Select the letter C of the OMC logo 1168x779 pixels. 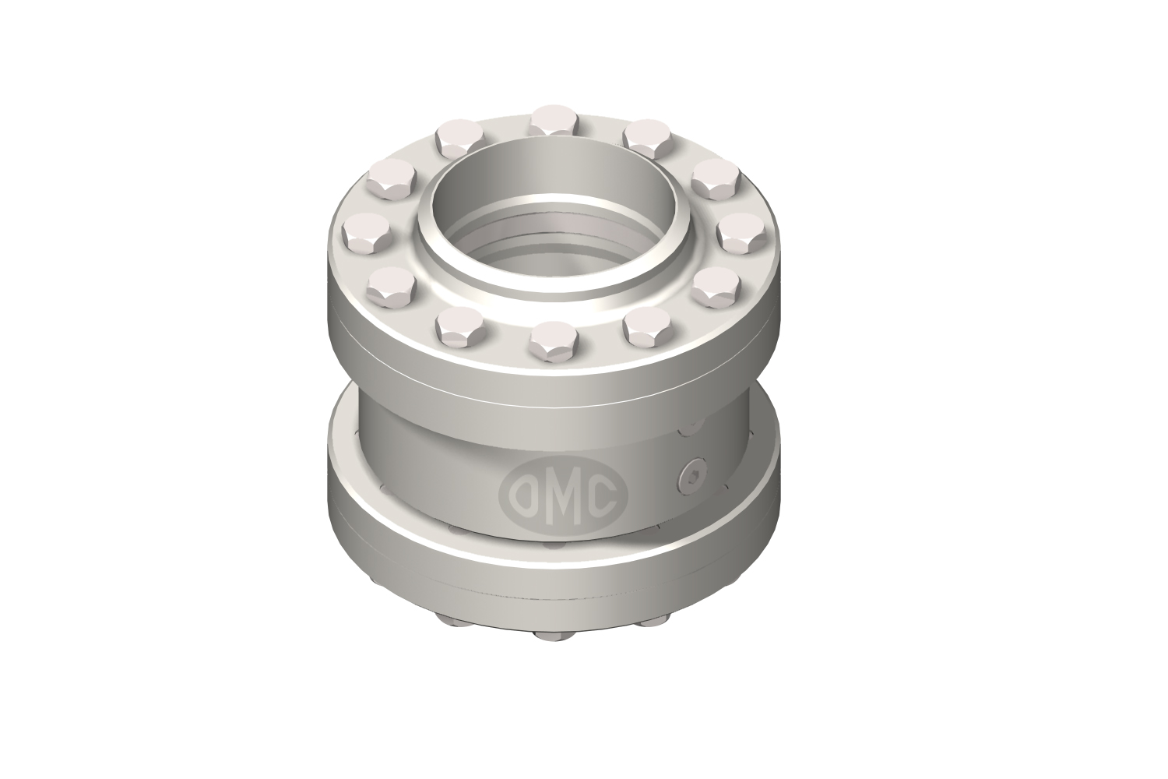603,494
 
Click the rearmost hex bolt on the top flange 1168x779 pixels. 554,119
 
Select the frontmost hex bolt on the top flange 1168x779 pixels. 554,341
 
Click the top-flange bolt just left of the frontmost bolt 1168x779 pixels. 460,327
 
